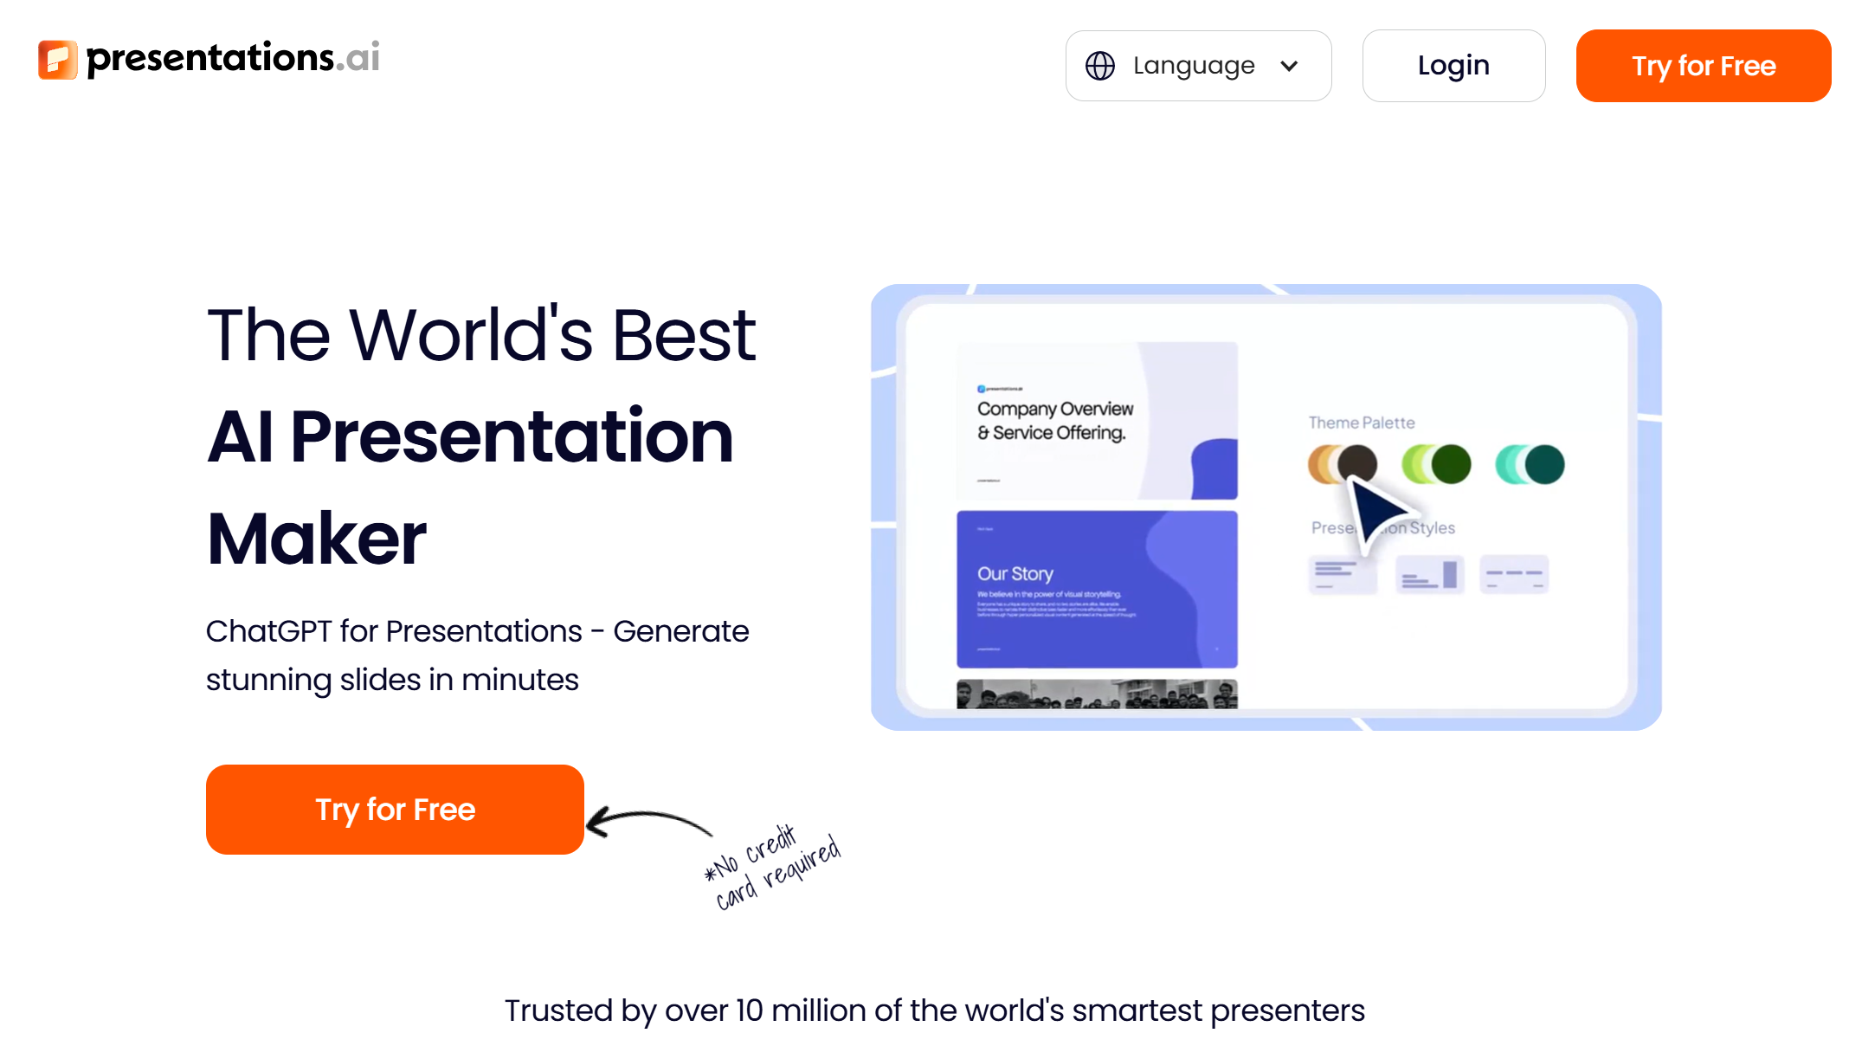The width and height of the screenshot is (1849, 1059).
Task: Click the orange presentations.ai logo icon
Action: tap(57, 59)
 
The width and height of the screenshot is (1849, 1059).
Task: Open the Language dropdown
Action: tap(1197, 66)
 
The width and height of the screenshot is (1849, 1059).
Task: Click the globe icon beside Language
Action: tap(1099, 66)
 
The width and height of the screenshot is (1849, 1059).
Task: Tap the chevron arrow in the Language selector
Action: tap(1289, 66)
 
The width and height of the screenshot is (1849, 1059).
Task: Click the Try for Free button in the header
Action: tap(1703, 66)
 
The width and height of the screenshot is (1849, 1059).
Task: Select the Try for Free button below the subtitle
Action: tap(395, 810)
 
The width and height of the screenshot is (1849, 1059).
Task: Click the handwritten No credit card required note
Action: tap(772, 868)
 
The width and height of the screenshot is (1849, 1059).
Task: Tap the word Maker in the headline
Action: tap(317, 539)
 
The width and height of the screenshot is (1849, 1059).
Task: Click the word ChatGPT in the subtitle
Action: tap(268, 631)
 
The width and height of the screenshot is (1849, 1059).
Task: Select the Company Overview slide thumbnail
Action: tap(1097, 421)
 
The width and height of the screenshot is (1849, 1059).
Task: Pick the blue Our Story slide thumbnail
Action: tap(1097, 589)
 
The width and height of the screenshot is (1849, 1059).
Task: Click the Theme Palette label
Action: tap(1361, 423)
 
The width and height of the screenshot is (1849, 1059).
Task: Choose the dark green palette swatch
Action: tap(1450, 464)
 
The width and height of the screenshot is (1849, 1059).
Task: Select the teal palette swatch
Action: tap(1543, 464)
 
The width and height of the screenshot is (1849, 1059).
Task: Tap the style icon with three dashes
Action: tap(1513, 574)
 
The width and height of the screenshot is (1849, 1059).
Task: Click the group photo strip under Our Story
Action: tap(1097, 694)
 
